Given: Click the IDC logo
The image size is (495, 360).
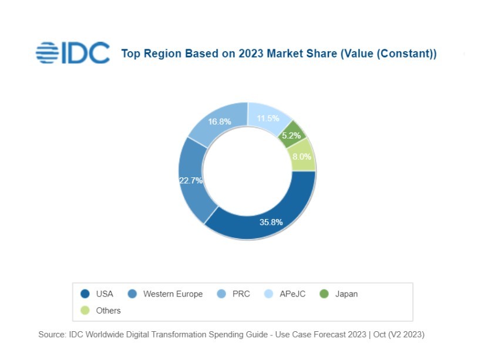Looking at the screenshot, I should coord(72,53).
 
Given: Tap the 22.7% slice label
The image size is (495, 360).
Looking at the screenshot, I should coord(191,180).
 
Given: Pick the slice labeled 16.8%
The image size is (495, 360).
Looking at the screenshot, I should coord(220,122).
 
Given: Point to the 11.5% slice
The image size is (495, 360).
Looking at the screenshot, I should coord(268,118).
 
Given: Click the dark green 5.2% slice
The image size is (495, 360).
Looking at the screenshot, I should coord(291,135).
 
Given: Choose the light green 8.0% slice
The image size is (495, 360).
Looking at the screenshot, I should coord(302,156).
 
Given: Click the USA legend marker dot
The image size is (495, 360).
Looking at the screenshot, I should coord(85,294).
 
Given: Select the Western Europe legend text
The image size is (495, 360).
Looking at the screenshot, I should coord(173,294).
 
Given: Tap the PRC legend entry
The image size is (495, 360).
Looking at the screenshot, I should coord(241,294).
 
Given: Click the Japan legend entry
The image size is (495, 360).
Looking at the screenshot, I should coord(346,294).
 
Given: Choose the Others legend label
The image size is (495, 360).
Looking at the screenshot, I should coord(108,310).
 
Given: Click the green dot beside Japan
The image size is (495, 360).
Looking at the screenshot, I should coord(324,294).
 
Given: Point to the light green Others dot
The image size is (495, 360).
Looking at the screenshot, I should coord(85,310).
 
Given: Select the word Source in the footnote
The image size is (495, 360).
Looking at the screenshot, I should coord(51,334).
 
